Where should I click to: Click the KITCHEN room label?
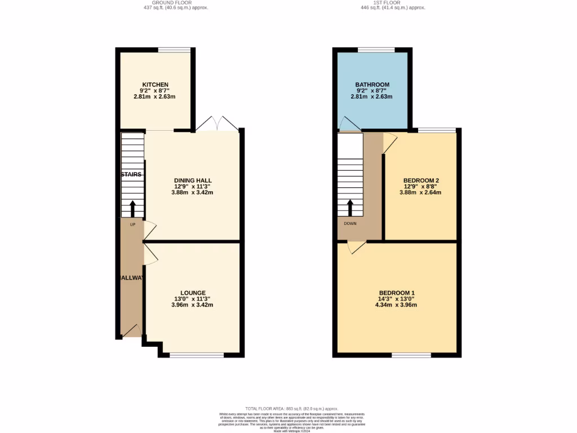point(155,85)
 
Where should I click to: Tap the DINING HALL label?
point(192,180)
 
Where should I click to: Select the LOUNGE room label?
point(192,293)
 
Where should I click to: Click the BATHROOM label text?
point(372,85)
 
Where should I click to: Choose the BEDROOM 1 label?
point(397,293)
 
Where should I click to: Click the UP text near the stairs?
point(132,224)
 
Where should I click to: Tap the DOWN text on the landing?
point(350,223)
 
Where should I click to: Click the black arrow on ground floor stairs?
point(132,209)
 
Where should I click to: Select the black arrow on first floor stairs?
point(350,207)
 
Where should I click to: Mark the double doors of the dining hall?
point(217,123)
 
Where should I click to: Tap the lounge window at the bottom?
point(197,355)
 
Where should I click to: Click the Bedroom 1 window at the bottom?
point(411,355)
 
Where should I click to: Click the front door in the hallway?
point(132,332)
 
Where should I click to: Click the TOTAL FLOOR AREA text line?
point(291,408)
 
